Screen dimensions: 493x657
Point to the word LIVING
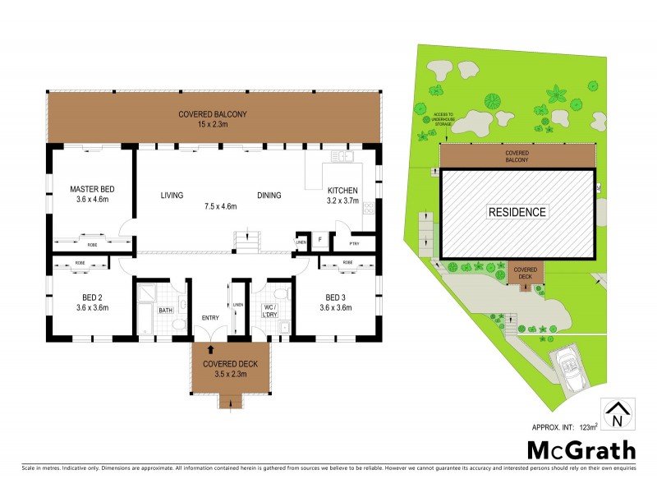point(171,195)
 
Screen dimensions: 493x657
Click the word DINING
point(269,195)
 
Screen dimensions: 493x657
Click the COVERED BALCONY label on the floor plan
point(213,114)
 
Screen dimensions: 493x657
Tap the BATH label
point(165,311)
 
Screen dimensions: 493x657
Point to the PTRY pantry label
point(355,243)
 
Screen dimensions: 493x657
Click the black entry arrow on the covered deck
point(198,350)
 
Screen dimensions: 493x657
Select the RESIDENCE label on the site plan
point(517,212)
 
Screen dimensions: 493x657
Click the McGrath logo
point(581,450)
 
